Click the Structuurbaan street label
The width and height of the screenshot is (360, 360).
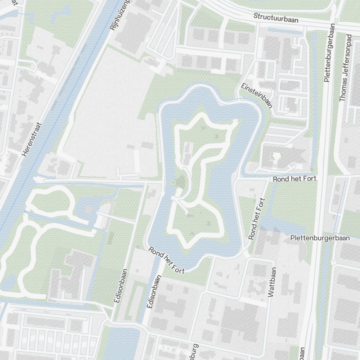[276, 18]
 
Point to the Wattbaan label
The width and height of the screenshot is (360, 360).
[272, 282]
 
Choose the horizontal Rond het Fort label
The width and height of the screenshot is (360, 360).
[294, 179]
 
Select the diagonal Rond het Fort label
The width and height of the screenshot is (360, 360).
[167, 260]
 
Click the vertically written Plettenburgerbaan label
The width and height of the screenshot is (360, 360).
[329, 53]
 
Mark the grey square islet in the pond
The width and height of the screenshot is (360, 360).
[88, 209]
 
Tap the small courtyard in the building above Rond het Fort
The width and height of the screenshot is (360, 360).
[276, 157]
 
